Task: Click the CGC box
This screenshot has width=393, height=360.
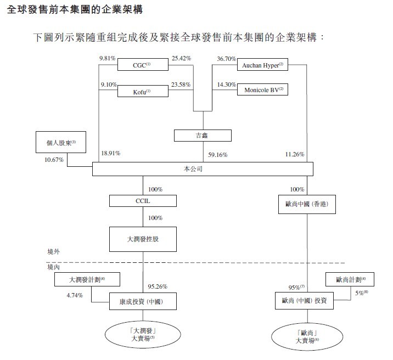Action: [x=142, y=66]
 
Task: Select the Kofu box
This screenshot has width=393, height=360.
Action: [x=142, y=91]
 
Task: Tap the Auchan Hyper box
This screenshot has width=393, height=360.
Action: [x=262, y=66]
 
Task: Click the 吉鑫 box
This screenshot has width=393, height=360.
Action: [x=203, y=135]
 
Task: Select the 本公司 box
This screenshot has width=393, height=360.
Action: [x=200, y=169]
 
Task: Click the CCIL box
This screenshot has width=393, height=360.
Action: [x=143, y=201]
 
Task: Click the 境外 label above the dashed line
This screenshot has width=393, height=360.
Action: [x=53, y=252]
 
